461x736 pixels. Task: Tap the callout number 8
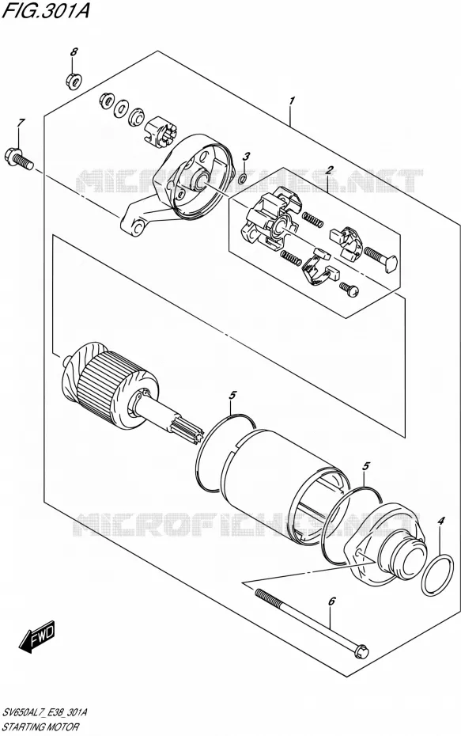74,52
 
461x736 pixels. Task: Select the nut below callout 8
74,80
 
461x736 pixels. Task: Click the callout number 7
21,123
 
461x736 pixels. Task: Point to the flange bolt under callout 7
18,157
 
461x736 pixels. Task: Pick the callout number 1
291,101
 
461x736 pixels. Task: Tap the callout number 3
246,157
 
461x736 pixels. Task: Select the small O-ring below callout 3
243,178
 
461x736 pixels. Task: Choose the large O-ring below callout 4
437,575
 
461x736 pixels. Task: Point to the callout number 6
331,601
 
